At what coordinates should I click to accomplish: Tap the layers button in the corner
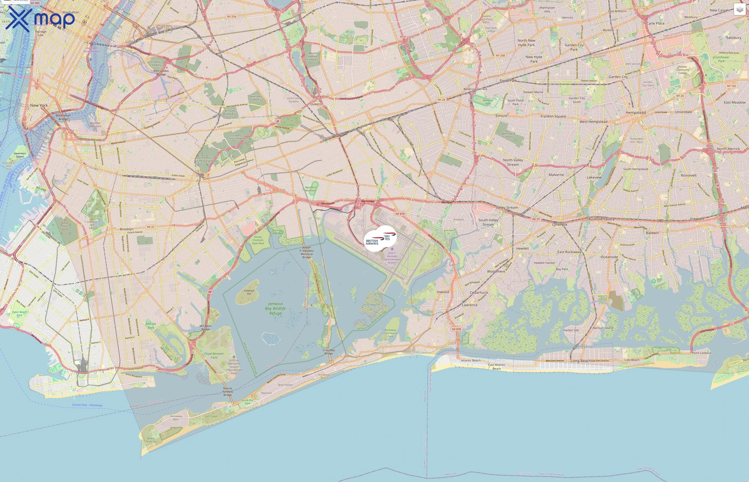tap(740, 9)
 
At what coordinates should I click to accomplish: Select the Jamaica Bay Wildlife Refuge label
tap(276, 308)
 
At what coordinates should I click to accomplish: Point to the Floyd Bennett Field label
tap(214, 356)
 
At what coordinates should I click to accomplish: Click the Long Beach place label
tap(581, 361)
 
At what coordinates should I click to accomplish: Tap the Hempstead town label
tap(636, 113)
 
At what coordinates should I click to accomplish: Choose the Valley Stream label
tap(507, 208)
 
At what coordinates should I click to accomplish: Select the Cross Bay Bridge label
tap(328, 352)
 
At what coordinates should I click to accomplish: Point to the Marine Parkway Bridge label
tap(228, 391)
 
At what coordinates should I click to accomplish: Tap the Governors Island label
tap(20, 155)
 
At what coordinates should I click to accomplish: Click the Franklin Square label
tap(553, 116)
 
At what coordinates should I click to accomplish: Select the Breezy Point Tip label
tap(151, 440)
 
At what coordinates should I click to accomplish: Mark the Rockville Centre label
tap(601, 219)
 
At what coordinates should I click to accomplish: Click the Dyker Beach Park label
tap(19, 313)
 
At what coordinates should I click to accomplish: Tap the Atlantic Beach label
tap(471, 360)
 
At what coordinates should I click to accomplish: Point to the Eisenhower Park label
tap(721, 59)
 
